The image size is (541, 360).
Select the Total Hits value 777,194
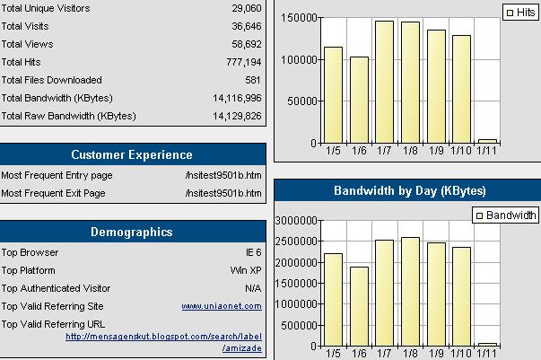click(243, 62)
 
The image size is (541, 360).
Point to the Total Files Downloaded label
click(52, 80)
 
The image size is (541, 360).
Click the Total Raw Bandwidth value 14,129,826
click(237, 116)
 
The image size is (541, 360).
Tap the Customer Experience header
click(132, 154)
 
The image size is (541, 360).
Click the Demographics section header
click(132, 233)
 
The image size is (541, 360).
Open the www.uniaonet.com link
click(221, 306)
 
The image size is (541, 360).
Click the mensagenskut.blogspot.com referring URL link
click(163, 337)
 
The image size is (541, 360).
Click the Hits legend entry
click(521, 13)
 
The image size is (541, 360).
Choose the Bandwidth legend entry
click(506, 215)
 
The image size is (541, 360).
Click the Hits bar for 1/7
click(384, 82)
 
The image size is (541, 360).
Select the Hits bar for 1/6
click(359, 100)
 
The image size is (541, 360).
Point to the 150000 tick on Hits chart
click(297, 18)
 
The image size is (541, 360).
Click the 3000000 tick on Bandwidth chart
click(293, 220)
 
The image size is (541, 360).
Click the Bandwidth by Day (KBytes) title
click(409, 190)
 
